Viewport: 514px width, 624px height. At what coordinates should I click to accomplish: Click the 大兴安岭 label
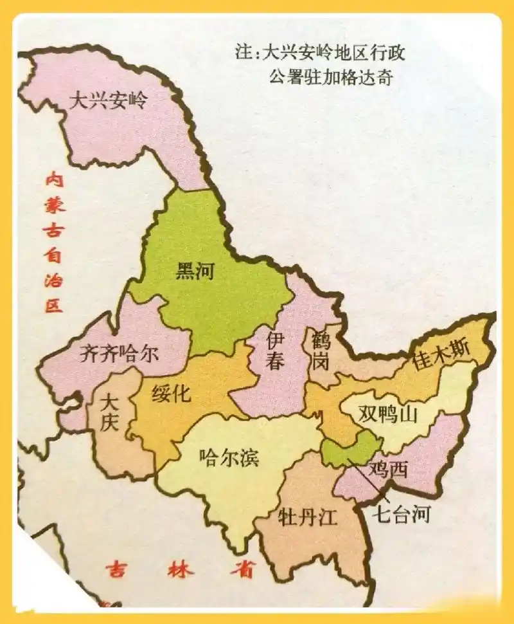pos(108,101)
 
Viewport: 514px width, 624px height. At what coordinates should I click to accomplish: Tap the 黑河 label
pos(195,272)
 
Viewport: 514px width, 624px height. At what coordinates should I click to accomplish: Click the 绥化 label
pos(171,392)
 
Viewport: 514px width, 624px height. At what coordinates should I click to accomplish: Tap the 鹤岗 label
pos(319,351)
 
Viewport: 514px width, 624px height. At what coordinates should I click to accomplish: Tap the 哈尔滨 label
pos(229,459)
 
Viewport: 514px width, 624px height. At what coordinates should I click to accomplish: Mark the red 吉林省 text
pos(181,570)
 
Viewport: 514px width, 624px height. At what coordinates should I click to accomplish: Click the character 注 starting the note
pos(242,53)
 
